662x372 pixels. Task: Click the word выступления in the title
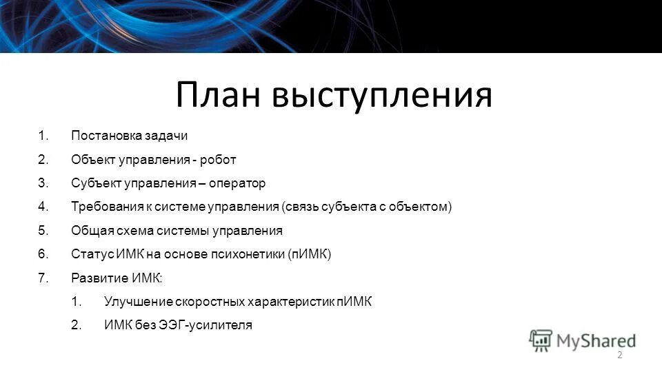point(382,96)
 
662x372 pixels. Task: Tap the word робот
point(219,160)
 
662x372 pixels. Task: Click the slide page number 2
point(619,355)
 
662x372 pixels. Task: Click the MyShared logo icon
point(541,340)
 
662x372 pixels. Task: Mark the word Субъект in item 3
point(92,183)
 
